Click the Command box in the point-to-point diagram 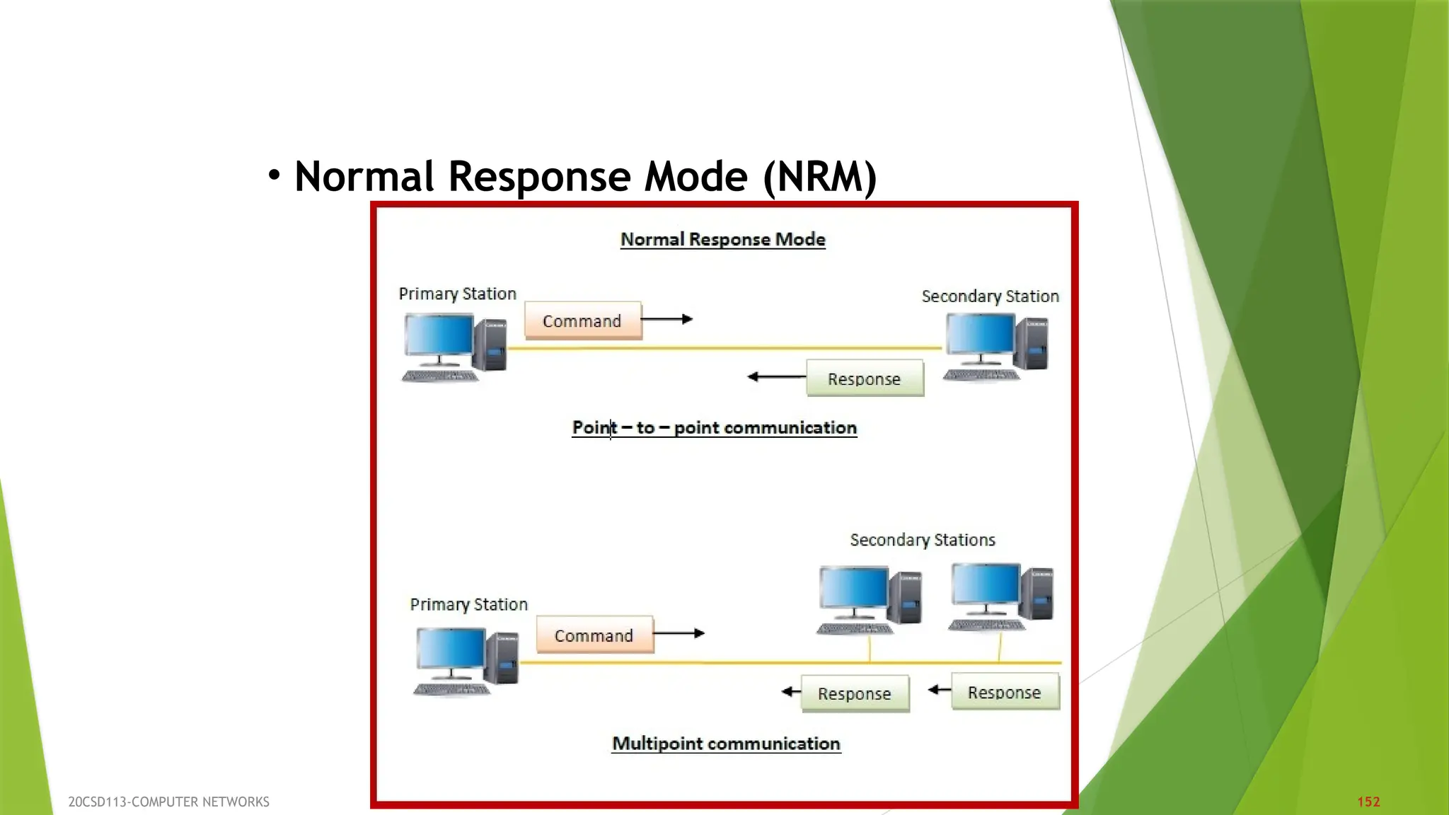pos(583,320)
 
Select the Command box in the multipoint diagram pos(594,635)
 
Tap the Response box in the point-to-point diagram pos(865,378)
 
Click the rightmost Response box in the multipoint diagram pos(1005,692)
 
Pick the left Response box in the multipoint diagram pos(855,693)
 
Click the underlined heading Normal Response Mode pos(722,239)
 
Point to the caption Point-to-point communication pos(715,427)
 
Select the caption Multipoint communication pos(726,744)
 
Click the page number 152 pos(1368,802)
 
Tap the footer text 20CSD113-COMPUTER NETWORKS pos(168,802)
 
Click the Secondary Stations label pos(922,540)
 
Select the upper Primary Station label pos(457,294)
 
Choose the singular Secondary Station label pos(990,296)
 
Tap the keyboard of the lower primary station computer pos(451,689)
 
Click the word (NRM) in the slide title pos(820,176)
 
